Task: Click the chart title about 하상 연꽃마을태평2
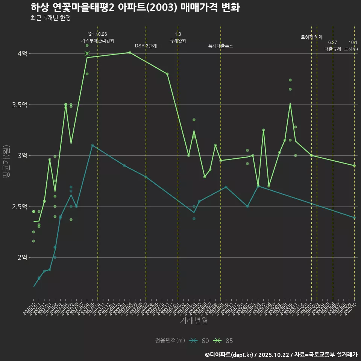(135, 8)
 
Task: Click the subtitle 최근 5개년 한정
(50, 18)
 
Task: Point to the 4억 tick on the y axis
(22, 54)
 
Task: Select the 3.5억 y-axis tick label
(20, 105)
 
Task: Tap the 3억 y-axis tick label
(22, 156)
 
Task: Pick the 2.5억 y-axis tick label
(20, 206)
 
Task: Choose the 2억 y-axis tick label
(22, 258)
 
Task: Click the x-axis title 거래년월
(194, 321)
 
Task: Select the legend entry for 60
(199, 341)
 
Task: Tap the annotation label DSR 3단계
(146, 46)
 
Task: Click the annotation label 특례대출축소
(221, 46)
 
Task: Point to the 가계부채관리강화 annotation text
(98, 41)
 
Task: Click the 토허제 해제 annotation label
(312, 37)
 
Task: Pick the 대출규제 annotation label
(333, 49)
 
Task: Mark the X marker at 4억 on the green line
(87, 54)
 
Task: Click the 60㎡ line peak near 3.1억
(92, 145)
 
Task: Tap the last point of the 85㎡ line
(354, 165)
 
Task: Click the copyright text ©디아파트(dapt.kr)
(229, 355)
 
